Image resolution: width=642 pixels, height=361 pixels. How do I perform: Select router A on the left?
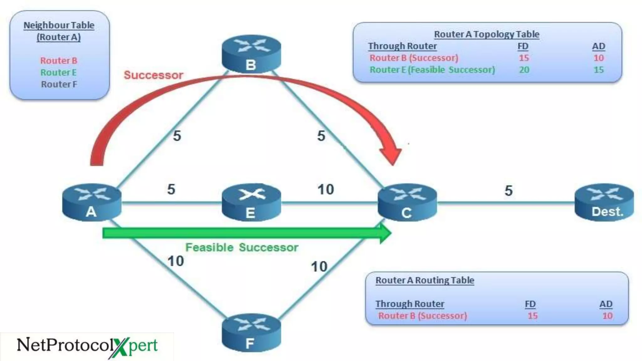click(x=92, y=202)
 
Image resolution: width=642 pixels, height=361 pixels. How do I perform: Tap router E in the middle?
click(x=251, y=202)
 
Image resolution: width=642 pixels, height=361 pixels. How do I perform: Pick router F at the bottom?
click(x=251, y=333)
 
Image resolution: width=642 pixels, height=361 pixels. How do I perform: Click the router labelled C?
click(x=407, y=202)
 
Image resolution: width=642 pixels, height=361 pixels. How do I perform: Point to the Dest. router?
click(x=604, y=202)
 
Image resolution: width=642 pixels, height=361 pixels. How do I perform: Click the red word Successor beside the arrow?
click(x=153, y=75)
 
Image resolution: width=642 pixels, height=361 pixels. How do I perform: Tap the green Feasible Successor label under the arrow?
click(x=242, y=248)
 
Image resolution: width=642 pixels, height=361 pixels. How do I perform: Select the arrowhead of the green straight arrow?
click(x=385, y=233)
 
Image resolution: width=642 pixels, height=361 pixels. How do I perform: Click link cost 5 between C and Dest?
click(x=508, y=191)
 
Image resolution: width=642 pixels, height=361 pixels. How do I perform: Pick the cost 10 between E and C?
click(x=325, y=190)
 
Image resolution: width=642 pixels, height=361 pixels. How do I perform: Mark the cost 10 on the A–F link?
click(x=176, y=261)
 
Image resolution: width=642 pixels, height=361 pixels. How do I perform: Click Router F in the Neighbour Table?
click(x=59, y=84)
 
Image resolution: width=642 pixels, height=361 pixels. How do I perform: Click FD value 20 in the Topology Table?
click(x=524, y=70)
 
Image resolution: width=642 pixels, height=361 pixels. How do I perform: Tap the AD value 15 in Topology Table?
click(x=598, y=70)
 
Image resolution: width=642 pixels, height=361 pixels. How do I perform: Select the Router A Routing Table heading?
click(x=424, y=280)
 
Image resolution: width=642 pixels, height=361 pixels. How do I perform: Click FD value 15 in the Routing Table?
click(x=532, y=316)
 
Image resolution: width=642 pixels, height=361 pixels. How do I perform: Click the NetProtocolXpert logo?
click(x=87, y=346)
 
